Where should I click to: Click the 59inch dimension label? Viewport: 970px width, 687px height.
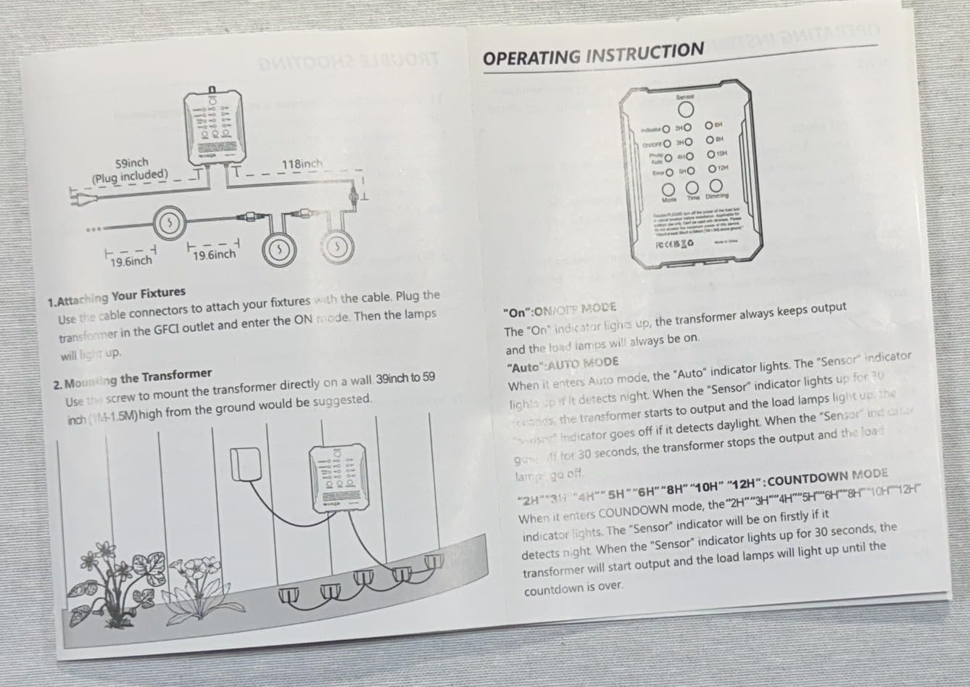[133, 164]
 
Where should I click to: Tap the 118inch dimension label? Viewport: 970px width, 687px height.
[303, 164]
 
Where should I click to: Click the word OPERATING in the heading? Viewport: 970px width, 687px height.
[531, 57]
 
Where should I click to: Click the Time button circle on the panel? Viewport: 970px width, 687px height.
[693, 188]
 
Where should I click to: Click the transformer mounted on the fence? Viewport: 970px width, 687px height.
[334, 474]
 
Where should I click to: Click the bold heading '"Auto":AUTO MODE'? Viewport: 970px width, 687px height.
[561, 362]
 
